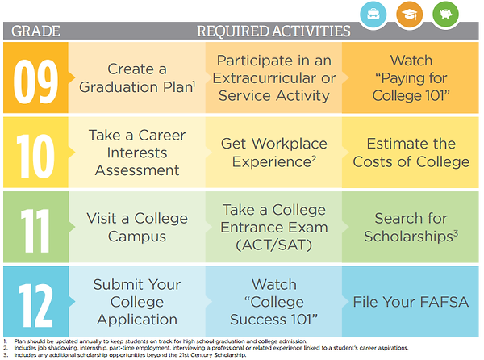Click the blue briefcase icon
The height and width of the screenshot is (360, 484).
point(373,15)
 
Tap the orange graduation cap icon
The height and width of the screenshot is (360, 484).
point(409,15)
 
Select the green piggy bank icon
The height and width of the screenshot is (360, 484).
point(445,15)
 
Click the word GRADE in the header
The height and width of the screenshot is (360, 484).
point(35,31)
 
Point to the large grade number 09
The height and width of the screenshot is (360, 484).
point(35,82)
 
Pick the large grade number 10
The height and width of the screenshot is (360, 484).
point(35,157)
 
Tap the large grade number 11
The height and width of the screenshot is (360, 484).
point(35,231)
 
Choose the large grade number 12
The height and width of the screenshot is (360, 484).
point(35,305)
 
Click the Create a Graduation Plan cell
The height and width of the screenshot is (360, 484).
point(137,77)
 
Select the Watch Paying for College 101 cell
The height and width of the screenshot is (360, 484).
point(411,77)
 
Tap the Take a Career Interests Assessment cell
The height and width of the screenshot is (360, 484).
point(137,153)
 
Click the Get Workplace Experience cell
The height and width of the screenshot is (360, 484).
point(273,153)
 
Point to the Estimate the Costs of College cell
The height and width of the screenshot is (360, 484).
point(411,153)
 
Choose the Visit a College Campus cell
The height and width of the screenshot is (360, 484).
point(137,227)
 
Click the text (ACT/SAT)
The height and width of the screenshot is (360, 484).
point(273,245)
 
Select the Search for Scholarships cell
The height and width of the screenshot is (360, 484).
point(411,227)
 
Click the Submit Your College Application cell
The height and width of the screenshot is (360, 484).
point(137,302)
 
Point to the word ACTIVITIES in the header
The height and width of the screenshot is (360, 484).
point(311,31)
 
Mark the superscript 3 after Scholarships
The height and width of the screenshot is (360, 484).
point(456,232)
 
